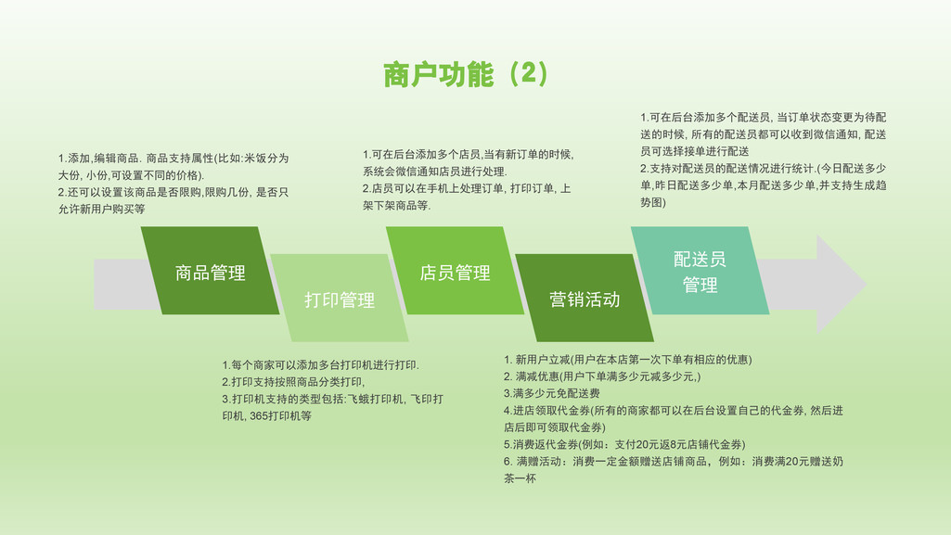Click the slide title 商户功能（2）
466,74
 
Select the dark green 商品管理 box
210,270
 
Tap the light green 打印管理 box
339,298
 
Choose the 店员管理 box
455,270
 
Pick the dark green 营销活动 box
585,298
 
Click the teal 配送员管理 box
700,270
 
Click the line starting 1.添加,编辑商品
173,159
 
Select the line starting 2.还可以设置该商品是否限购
173,192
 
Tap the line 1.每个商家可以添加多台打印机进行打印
320,364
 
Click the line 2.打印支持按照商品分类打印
293,382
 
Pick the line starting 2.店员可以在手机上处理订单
467,188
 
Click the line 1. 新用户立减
628,359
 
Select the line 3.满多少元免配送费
552,393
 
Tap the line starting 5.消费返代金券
624,444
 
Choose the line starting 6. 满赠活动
674,461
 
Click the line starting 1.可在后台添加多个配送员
764,117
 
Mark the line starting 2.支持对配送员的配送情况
764,168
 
